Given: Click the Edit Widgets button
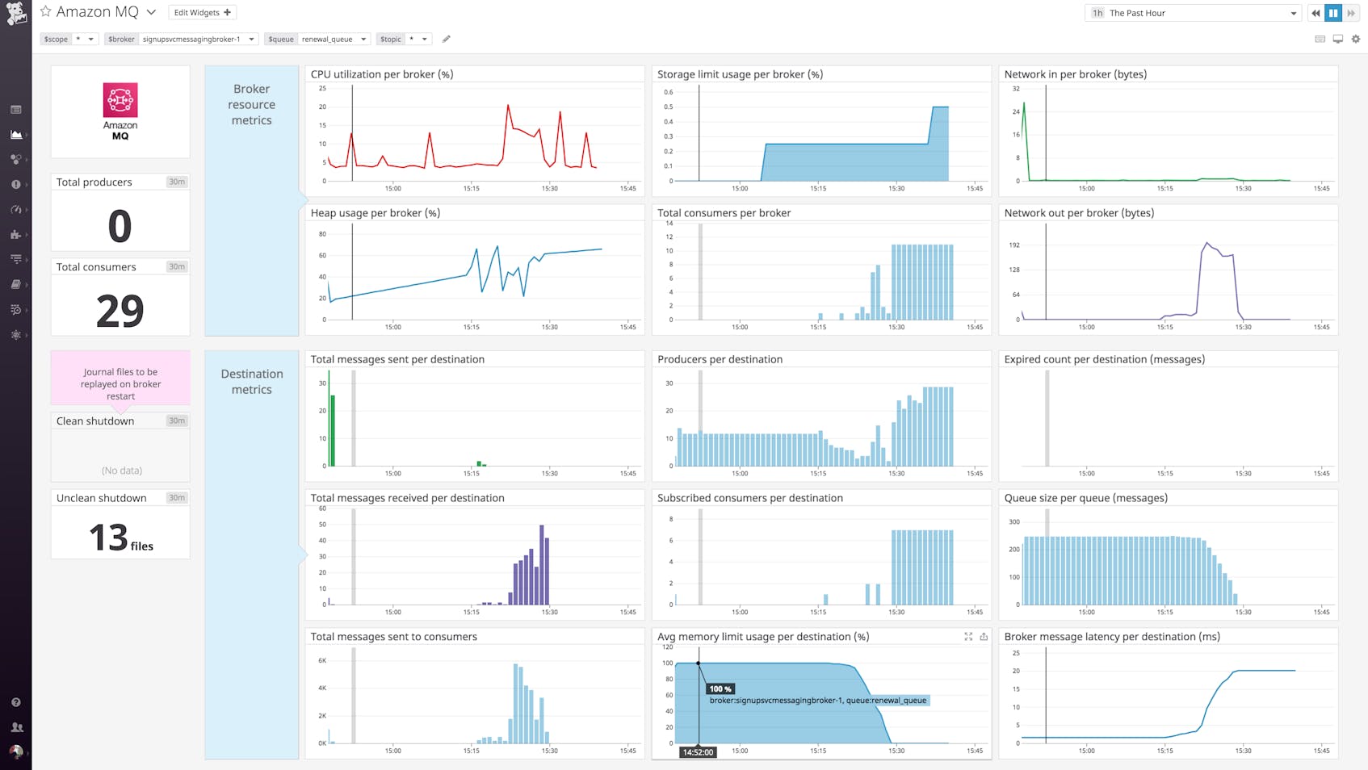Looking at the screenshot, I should [x=202, y=13].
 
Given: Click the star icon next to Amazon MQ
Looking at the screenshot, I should [x=46, y=11].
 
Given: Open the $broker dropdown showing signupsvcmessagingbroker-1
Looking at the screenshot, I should [x=198, y=39].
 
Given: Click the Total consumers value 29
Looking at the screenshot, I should [x=120, y=311].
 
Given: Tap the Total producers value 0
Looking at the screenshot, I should [x=120, y=226].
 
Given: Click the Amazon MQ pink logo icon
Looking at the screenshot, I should [x=120, y=100].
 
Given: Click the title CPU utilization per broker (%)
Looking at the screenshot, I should [x=381, y=74].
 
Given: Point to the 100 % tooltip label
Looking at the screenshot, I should [x=720, y=688].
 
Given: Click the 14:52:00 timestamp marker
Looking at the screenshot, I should [x=698, y=751].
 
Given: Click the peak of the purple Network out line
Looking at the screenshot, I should [x=1207, y=242].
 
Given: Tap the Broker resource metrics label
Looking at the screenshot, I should [x=251, y=105].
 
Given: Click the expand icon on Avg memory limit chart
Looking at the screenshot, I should [x=968, y=637].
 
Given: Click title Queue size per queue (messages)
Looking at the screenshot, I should [x=1085, y=498].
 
